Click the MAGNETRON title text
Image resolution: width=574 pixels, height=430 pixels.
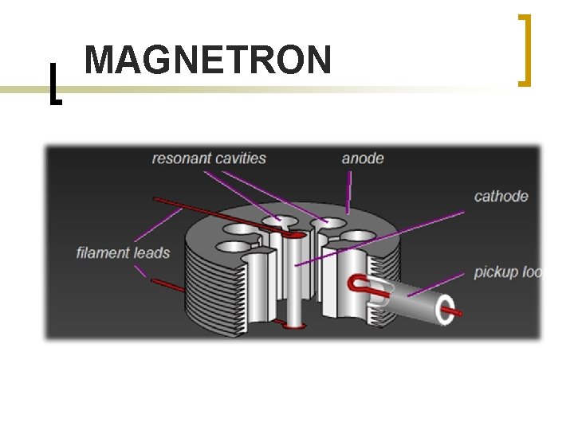click(x=207, y=61)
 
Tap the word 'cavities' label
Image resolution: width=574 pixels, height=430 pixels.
click(x=238, y=158)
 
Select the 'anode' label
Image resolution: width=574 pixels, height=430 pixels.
click(x=363, y=158)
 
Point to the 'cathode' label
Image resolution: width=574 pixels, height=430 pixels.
click(x=501, y=196)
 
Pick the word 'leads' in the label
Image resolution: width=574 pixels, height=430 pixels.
click(x=151, y=253)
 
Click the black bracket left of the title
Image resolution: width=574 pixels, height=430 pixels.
click(x=53, y=83)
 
